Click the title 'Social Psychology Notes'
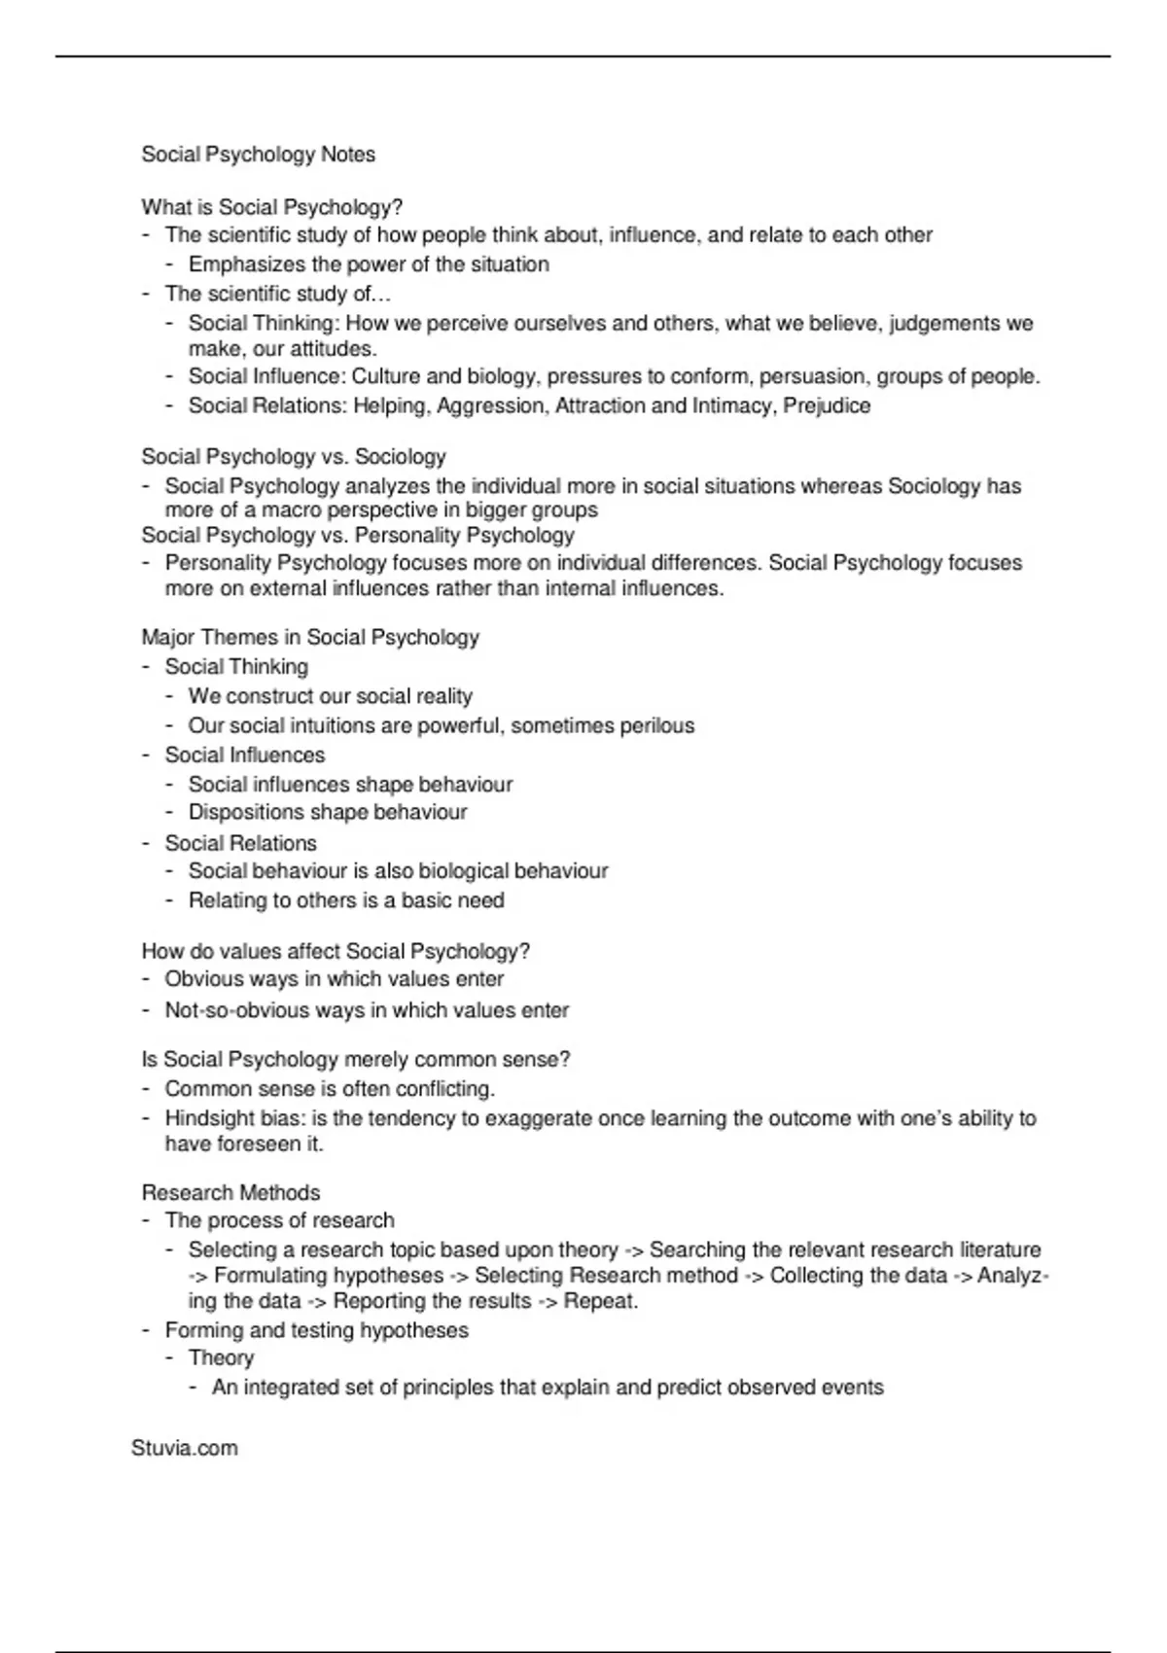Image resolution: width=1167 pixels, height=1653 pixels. pos(258,155)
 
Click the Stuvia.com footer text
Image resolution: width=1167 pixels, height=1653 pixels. pos(184,1448)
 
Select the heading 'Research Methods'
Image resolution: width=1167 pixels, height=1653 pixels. pos(230,1192)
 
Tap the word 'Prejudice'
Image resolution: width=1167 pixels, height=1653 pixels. pos(827,405)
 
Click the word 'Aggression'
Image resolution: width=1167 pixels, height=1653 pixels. pos(493,405)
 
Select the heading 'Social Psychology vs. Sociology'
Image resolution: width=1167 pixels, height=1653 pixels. pos(293,456)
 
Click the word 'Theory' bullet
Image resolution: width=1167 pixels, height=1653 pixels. pos(221,1357)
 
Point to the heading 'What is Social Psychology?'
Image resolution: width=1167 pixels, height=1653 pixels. pos(271,207)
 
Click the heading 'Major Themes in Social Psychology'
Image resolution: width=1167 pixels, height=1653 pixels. pos(310,637)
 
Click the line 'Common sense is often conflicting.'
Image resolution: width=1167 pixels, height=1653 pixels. pos(330,1089)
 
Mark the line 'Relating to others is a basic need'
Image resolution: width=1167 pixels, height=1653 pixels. pos(346,900)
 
